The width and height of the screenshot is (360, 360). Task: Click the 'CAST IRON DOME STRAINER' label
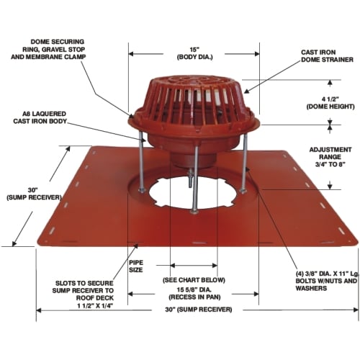click(x=327, y=56)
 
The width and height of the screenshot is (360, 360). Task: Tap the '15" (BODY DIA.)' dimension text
click(x=195, y=53)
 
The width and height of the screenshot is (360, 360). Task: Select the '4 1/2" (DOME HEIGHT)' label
click(x=330, y=103)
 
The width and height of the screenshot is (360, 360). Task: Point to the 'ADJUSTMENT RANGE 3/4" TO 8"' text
click(x=330, y=157)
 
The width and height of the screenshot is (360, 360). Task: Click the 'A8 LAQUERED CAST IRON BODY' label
click(x=40, y=117)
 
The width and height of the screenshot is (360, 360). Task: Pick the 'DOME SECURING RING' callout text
click(x=48, y=49)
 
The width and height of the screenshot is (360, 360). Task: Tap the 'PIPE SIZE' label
click(x=136, y=266)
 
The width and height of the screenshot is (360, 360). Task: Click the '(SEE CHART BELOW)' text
click(x=194, y=280)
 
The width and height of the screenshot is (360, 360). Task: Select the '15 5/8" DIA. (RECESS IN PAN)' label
click(x=194, y=293)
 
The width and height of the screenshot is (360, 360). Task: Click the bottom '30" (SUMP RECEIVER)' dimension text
click(x=199, y=310)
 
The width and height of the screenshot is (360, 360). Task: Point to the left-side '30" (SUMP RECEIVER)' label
click(x=34, y=194)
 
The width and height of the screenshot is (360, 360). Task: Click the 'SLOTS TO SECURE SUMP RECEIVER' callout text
click(x=83, y=294)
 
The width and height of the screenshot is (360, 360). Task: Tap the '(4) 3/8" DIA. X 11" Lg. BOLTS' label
click(x=327, y=281)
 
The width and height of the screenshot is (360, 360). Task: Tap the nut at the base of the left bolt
click(x=142, y=190)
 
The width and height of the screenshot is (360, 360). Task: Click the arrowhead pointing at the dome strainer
click(x=247, y=91)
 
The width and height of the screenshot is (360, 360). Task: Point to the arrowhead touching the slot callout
click(x=136, y=246)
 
